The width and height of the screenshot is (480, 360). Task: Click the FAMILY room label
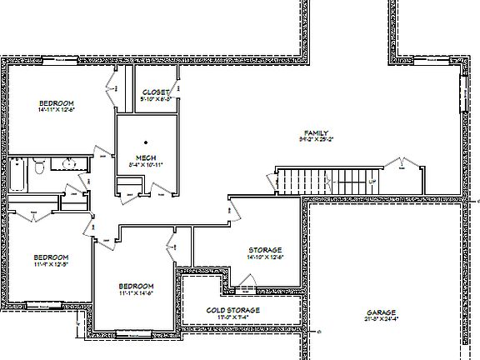click(317, 132)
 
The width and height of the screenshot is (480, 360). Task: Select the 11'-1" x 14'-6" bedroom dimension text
click(135, 293)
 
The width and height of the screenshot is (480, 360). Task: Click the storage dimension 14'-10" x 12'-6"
click(265, 257)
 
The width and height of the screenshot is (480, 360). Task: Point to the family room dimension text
click(317, 139)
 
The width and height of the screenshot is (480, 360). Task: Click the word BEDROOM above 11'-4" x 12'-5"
click(51, 257)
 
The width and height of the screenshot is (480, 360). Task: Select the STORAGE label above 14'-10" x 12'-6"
click(265, 250)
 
